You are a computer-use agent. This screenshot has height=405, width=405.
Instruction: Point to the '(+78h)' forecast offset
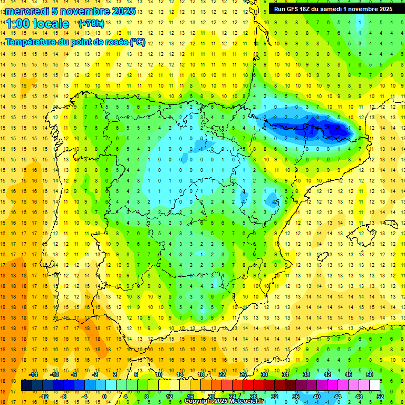(x=91, y=24)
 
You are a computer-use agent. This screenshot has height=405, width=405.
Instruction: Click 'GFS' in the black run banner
(x=295, y=9)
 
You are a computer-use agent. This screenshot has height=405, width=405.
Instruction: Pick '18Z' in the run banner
(x=308, y=9)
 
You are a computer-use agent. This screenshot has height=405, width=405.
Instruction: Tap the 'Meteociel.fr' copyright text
(x=245, y=401)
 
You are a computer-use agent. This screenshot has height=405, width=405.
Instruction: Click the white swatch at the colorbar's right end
(x=375, y=385)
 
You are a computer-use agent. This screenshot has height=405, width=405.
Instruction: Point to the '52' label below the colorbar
(x=380, y=397)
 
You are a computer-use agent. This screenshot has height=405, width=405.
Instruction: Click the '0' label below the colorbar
(x=104, y=397)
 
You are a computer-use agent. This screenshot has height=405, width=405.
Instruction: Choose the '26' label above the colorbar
(x=243, y=374)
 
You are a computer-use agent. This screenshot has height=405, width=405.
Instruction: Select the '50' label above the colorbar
(x=370, y=374)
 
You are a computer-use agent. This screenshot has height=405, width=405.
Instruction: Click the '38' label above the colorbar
(x=306, y=374)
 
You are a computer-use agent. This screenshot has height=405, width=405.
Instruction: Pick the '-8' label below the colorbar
(x=64, y=397)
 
